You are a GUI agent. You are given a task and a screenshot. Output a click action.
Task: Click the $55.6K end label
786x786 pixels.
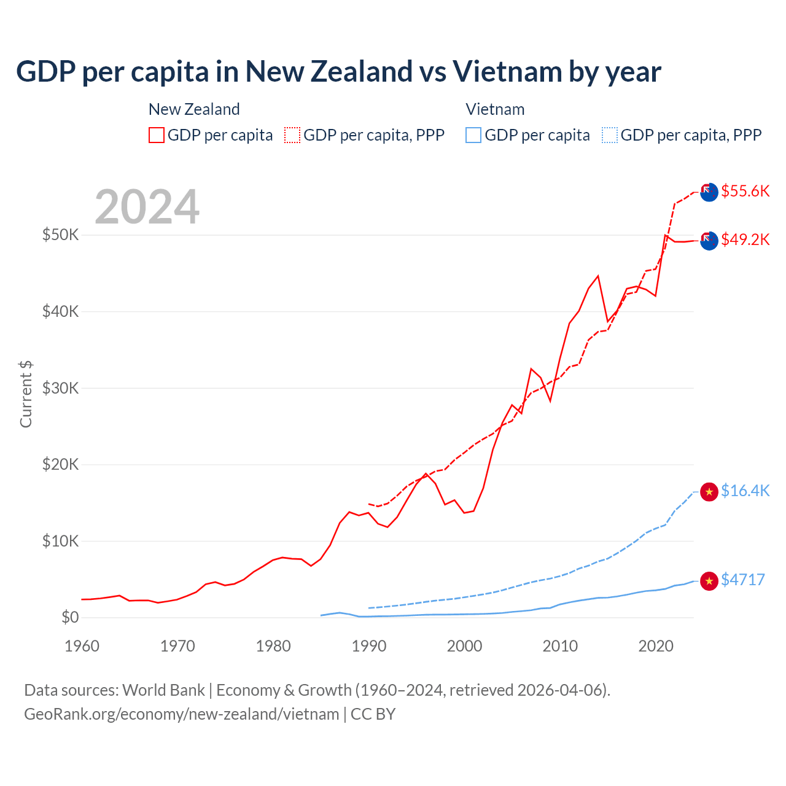point(745,191)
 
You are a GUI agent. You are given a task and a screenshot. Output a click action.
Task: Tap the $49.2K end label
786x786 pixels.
point(745,239)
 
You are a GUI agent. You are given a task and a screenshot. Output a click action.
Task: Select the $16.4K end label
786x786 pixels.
point(745,491)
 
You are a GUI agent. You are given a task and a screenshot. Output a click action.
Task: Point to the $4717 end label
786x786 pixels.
point(742,580)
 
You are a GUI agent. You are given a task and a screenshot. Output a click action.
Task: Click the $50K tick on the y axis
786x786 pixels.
point(60,235)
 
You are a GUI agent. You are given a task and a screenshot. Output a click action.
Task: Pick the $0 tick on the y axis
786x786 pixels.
point(70,617)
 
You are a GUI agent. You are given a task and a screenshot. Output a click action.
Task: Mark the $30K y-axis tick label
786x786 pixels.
point(60,388)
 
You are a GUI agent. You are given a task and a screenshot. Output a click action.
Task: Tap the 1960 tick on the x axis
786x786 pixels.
point(82,646)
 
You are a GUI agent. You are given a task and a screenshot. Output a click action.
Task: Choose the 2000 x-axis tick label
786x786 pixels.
point(465,646)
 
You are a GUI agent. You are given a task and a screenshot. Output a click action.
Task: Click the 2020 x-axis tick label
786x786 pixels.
point(656,646)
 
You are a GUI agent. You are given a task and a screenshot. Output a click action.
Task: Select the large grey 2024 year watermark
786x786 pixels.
point(147,207)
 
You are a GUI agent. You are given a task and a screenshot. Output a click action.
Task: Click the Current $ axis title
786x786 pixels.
point(26,394)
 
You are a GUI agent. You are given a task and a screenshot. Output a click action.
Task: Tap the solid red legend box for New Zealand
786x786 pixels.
point(157,135)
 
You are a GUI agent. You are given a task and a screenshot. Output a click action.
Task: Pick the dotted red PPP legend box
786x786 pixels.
point(292,135)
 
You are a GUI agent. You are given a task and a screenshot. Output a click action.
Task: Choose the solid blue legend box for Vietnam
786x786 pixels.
point(473,135)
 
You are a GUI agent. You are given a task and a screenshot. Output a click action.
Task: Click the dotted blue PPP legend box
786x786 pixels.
point(610,135)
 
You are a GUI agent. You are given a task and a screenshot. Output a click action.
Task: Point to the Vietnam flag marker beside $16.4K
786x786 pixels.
point(709,492)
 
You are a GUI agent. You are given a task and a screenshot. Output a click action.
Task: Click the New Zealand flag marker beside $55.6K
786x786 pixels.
point(709,192)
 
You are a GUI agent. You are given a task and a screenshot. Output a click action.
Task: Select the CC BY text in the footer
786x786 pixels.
point(373,714)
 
